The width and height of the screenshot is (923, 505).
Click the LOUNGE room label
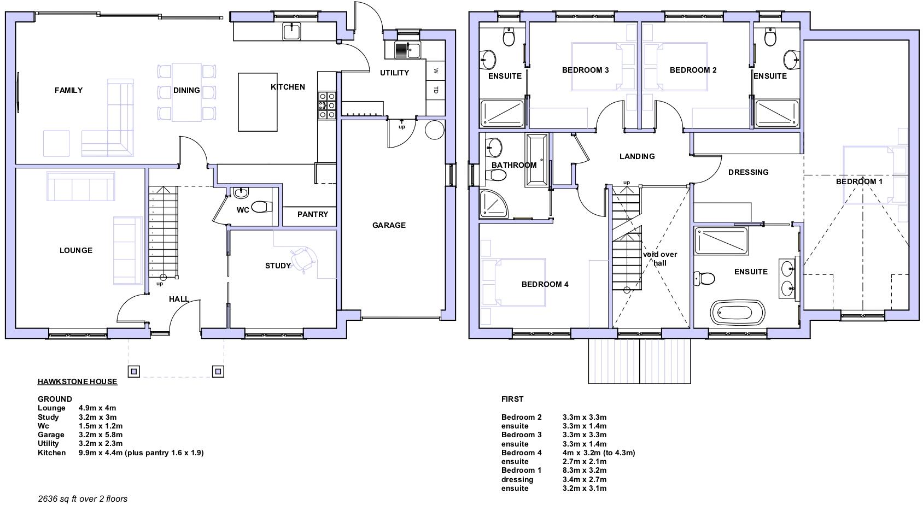click(76, 250)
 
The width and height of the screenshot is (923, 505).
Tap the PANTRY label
click(313, 214)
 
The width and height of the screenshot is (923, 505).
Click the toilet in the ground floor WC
click(262, 207)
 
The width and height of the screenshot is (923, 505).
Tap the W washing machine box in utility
click(435, 71)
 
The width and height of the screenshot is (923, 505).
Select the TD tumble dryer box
click(435, 90)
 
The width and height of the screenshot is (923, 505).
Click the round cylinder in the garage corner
click(435, 130)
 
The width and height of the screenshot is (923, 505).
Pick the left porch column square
click(134, 372)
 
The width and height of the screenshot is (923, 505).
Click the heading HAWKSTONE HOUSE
click(77, 381)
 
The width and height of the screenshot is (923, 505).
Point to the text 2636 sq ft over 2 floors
click(83, 498)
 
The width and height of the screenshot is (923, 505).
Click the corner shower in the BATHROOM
click(494, 203)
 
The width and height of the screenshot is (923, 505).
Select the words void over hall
click(660, 259)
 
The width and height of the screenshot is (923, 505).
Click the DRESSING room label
click(748, 172)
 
